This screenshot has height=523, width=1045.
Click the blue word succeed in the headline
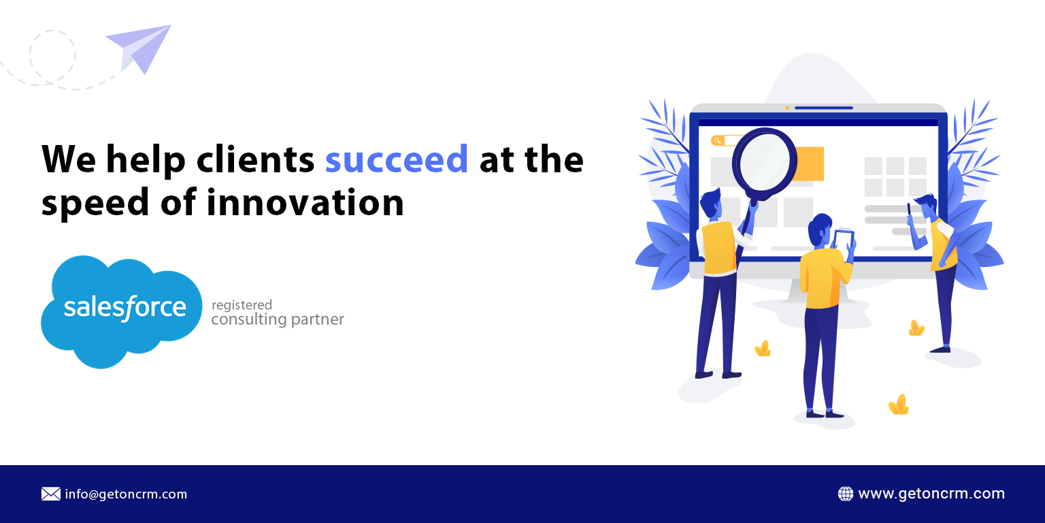click(x=397, y=159)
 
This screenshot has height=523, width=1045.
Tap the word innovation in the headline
click(x=305, y=202)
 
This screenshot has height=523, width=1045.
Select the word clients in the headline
click(x=256, y=159)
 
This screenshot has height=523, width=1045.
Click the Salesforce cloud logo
click(x=122, y=312)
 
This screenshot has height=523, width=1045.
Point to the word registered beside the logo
click(x=242, y=305)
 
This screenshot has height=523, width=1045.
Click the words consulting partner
click(x=278, y=320)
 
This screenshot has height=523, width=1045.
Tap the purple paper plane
click(x=139, y=49)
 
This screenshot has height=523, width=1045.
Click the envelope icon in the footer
click(x=51, y=494)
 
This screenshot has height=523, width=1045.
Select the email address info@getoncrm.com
click(x=126, y=494)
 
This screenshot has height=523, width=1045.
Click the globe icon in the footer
click(x=846, y=494)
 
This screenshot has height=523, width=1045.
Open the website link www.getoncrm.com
click(x=931, y=494)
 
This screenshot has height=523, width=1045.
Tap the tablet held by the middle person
click(x=844, y=239)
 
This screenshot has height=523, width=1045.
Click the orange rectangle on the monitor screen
click(x=809, y=163)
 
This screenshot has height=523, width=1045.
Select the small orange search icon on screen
click(x=717, y=140)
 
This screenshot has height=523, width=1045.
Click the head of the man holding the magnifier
click(x=711, y=202)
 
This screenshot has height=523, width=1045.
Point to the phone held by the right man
click(x=909, y=209)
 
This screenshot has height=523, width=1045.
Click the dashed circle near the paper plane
click(x=52, y=54)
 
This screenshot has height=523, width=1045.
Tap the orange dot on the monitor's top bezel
click(x=787, y=108)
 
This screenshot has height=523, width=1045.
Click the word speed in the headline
click(x=95, y=203)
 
